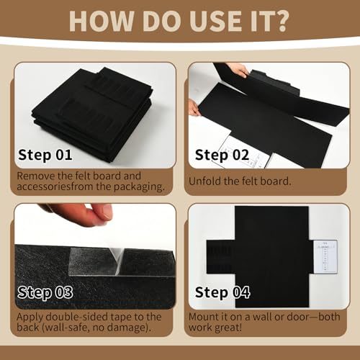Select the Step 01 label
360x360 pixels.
tap(45, 155)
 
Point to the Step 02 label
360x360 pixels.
tap(222, 155)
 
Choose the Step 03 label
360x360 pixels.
tap(45, 292)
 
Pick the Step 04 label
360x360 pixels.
tap(222, 292)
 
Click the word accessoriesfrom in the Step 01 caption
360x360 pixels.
tap(55, 186)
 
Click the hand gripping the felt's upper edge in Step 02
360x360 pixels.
tap(238, 70)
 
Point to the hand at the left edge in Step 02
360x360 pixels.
tap(194, 108)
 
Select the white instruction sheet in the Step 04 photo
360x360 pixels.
tap(325, 256)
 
